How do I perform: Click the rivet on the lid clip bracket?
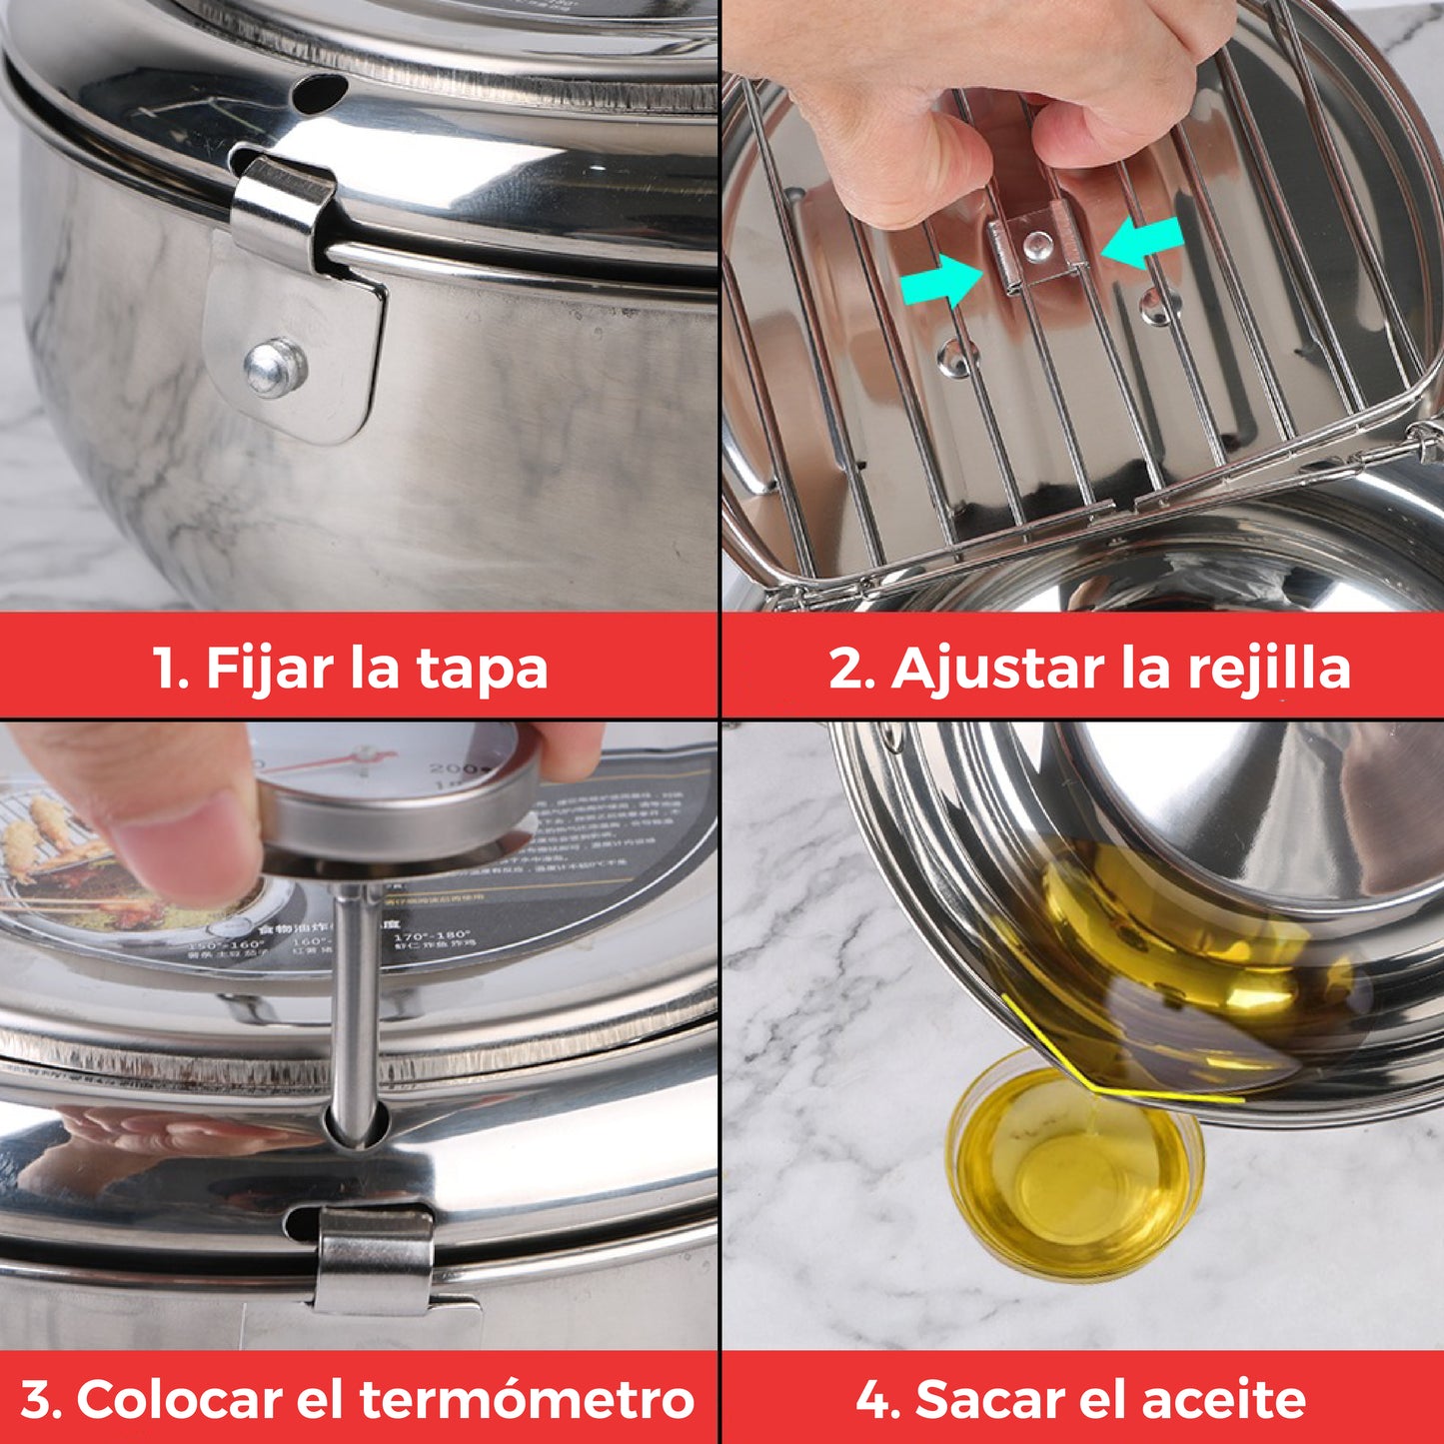(x=275, y=367)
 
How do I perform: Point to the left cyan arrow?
(x=940, y=279)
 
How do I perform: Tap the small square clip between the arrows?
(x=1036, y=250)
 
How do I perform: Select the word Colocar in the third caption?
(x=180, y=1399)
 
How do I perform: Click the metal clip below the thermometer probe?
(x=374, y=1259)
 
